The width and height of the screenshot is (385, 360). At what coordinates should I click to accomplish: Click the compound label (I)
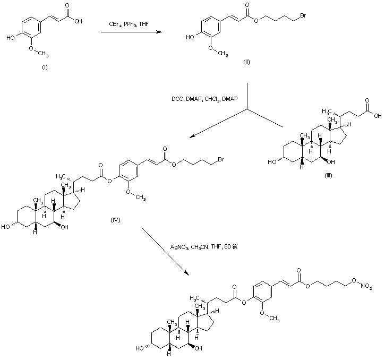click(44, 67)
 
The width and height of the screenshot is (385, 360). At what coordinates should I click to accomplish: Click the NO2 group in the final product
click(366, 287)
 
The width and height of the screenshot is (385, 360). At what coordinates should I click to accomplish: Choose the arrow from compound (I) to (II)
click(133, 33)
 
